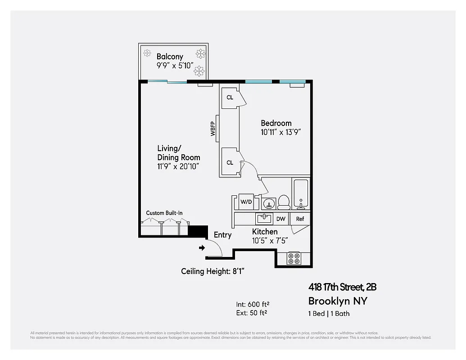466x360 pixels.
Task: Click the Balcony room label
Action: tap(170, 57)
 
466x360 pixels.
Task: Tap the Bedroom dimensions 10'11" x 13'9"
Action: tap(281, 132)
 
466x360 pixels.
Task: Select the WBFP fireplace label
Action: tap(213, 129)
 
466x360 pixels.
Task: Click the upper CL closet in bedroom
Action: tap(230, 97)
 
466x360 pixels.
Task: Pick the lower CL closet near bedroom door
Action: tap(230, 162)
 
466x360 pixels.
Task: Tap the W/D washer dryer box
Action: tap(246, 202)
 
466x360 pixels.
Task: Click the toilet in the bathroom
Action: tap(284, 202)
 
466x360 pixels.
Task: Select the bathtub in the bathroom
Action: tap(300, 194)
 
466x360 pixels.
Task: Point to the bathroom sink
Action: tap(268, 203)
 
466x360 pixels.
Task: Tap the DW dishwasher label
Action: tap(281, 219)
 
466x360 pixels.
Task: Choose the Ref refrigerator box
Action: tap(300, 219)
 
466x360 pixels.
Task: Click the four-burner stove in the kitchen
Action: tap(294, 258)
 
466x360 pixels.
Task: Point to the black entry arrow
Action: tap(202, 247)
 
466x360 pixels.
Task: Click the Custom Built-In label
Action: tap(164, 213)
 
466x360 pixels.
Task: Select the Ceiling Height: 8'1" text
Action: tap(213, 271)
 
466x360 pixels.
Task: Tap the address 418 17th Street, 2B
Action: tap(342, 287)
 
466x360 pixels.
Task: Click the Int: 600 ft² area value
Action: tap(253, 304)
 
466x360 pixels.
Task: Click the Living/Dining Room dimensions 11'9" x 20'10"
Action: tap(178, 166)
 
